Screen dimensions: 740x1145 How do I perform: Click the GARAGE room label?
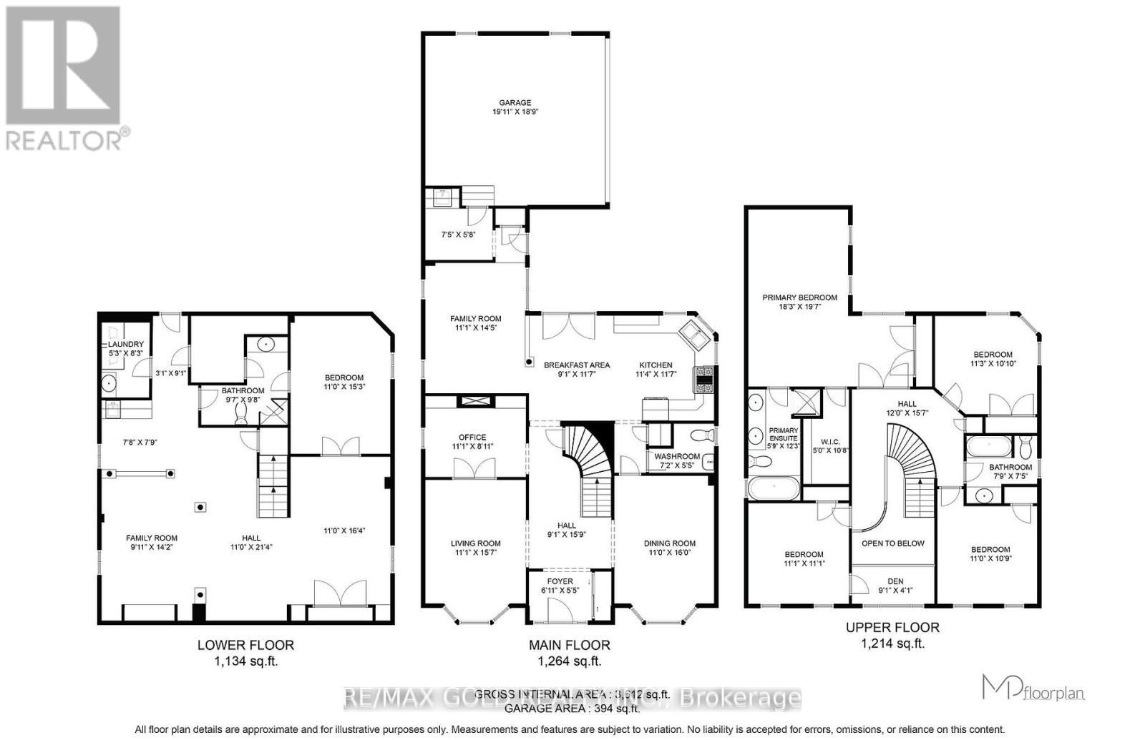(x=515, y=102)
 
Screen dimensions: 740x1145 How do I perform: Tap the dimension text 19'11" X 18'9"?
(x=515, y=112)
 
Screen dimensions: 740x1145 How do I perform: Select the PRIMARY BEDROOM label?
(x=799, y=297)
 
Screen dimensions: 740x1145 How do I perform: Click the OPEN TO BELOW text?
(x=892, y=543)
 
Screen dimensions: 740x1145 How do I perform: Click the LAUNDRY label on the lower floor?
(x=126, y=344)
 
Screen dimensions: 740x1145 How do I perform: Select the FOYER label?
(x=560, y=581)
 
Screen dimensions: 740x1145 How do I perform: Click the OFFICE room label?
(x=472, y=437)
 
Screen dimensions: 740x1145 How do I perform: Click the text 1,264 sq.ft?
(x=569, y=661)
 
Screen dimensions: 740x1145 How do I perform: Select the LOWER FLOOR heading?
(x=245, y=645)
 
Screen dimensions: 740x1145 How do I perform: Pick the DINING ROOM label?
(x=669, y=543)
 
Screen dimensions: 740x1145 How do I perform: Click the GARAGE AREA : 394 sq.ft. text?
(x=572, y=709)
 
